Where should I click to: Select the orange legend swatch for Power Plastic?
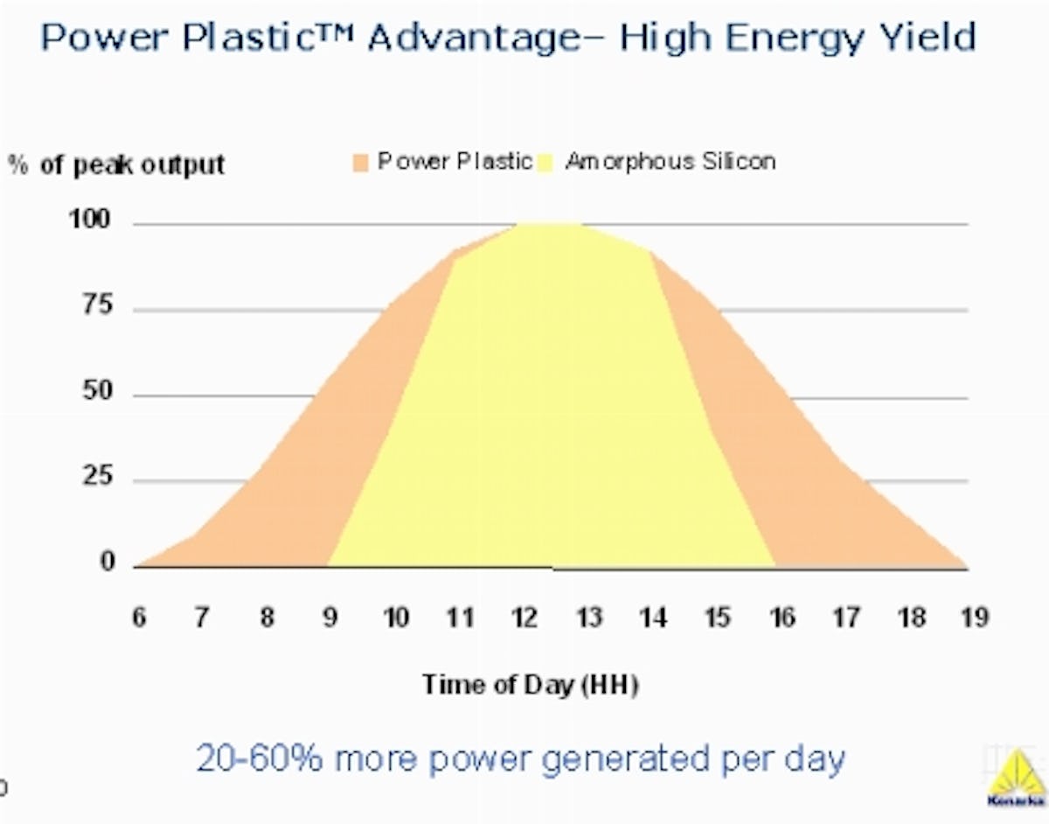pos(362,162)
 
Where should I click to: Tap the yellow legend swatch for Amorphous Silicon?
pos(549,162)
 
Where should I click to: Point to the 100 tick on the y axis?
pos(90,220)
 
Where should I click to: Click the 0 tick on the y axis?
pos(108,562)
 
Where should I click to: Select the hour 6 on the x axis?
pos(140,618)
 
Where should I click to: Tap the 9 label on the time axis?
pos(331,618)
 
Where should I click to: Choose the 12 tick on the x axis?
pos(524,618)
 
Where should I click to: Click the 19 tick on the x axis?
pos(974,618)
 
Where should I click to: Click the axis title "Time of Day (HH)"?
pos(531,684)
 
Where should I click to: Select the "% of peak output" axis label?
pos(117,164)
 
